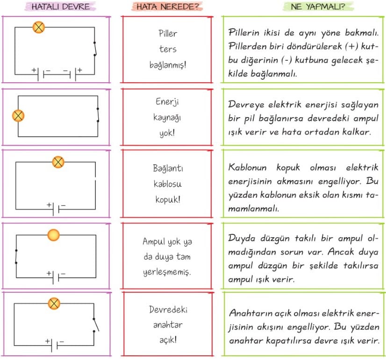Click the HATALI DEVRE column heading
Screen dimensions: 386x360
[61, 7]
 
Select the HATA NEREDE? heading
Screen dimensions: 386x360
[167, 7]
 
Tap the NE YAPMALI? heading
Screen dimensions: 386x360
[318, 7]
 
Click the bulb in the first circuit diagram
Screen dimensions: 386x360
[39, 27]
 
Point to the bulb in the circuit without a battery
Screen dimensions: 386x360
[18, 116]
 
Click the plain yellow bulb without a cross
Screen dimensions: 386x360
[53, 235]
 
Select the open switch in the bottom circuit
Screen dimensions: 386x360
[95, 325]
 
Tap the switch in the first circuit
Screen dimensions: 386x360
[95, 49]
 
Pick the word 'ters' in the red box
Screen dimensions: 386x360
[168, 49]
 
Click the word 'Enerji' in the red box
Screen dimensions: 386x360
[167, 102]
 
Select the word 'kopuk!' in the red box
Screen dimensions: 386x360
[168, 199]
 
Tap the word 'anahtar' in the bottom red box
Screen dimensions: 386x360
[168, 325]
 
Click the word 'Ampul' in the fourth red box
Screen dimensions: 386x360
[154, 241]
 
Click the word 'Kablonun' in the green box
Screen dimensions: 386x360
[247, 167]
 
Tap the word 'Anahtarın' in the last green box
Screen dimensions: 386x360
[250, 313]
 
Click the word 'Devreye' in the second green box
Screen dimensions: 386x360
[246, 105]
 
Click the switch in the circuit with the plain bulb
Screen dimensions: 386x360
[16, 256]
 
